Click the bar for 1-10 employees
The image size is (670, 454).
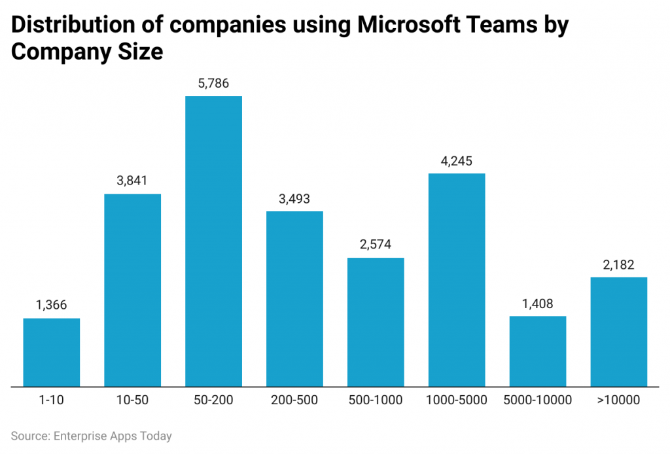point(52,352)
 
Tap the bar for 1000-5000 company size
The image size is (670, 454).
point(457,279)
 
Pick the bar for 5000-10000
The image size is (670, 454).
point(538,351)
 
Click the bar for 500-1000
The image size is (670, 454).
point(376,321)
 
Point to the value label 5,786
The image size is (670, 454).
point(213,84)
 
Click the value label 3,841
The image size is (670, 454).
point(133,181)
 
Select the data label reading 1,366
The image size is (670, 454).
point(52,306)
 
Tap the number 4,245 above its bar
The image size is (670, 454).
point(457,161)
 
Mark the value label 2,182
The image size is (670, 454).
point(618,265)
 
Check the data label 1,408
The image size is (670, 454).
point(538,304)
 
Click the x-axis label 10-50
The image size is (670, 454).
point(133,400)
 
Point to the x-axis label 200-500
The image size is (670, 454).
point(294,400)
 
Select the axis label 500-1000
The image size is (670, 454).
point(376,400)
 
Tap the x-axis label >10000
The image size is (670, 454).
point(618,400)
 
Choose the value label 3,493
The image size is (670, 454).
point(294,199)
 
